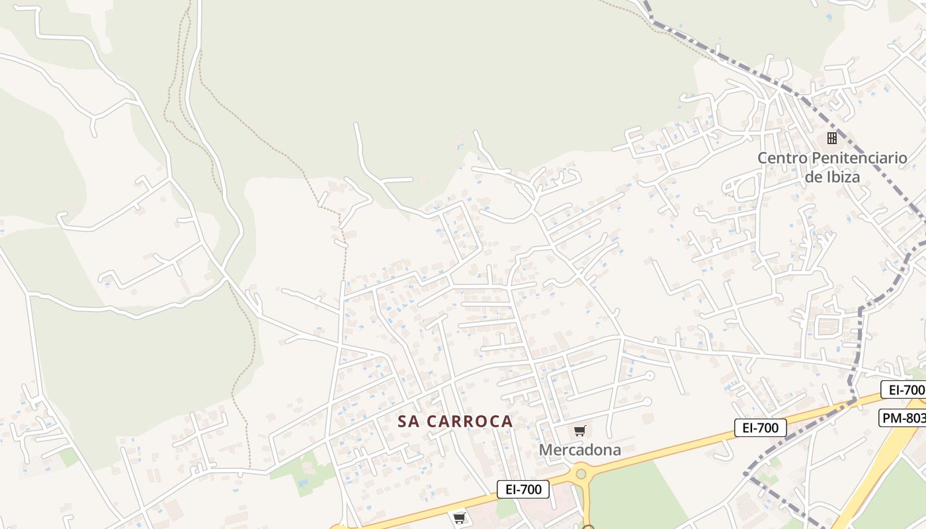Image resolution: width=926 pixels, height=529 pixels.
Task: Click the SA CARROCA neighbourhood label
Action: click(x=455, y=421)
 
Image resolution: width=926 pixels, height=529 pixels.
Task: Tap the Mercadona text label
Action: click(x=580, y=450)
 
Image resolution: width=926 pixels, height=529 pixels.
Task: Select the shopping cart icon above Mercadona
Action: click(x=580, y=431)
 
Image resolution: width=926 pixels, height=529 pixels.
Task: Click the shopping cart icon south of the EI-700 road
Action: click(x=459, y=518)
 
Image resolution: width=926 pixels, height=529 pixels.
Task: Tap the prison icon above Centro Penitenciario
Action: click(x=832, y=138)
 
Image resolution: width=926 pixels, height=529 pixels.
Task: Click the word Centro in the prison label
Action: click(x=782, y=158)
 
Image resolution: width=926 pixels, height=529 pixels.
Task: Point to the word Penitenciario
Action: click(x=859, y=158)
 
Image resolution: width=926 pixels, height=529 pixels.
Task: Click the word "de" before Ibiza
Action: click(x=813, y=177)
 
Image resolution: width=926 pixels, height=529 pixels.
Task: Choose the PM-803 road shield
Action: click(x=904, y=418)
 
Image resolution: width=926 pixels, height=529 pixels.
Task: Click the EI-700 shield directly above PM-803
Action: click(x=904, y=389)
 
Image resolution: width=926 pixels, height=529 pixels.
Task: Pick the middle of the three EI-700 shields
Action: click(x=760, y=428)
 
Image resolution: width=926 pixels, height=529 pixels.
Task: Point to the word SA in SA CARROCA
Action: click(x=409, y=421)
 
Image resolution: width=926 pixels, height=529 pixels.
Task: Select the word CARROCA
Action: click(x=470, y=421)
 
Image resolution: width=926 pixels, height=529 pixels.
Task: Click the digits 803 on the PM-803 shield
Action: click(x=915, y=418)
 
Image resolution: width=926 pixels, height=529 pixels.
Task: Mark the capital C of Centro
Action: click(x=763, y=158)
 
